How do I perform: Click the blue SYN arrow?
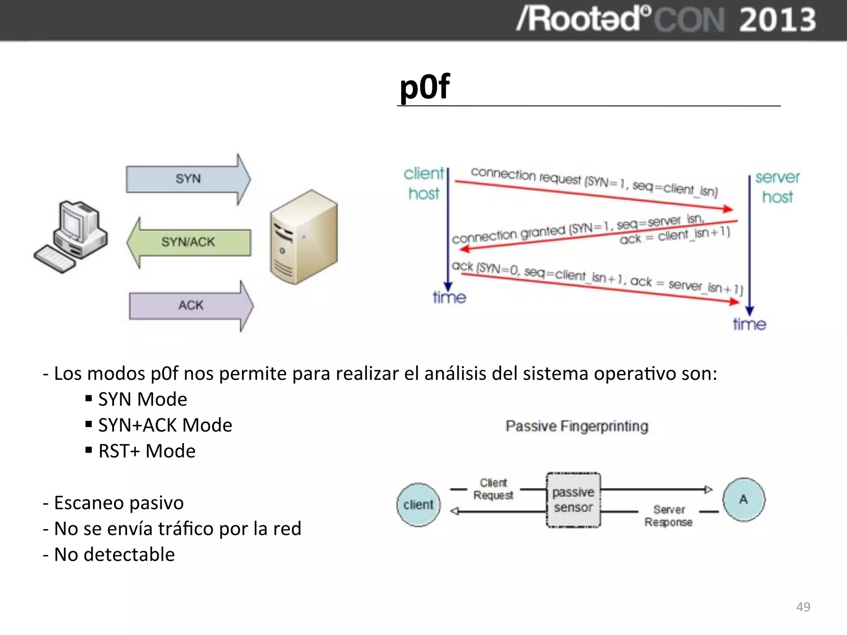click(x=188, y=179)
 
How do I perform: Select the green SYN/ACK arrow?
click(x=188, y=242)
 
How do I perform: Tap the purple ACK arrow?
click(x=191, y=306)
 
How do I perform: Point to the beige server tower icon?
click(x=304, y=237)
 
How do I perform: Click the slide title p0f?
click(x=425, y=87)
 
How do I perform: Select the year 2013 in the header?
click(x=777, y=20)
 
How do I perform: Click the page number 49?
click(x=803, y=607)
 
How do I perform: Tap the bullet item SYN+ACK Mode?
click(x=165, y=425)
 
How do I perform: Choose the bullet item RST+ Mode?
click(x=146, y=451)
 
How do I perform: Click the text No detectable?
click(x=114, y=554)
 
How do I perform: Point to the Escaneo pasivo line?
click(x=118, y=503)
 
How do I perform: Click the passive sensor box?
click(x=573, y=500)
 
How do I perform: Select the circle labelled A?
click(x=744, y=499)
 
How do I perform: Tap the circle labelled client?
click(x=418, y=505)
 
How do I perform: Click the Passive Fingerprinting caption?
click(x=577, y=426)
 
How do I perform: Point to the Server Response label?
click(x=669, y=516)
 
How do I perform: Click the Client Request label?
click(x=493, y=489)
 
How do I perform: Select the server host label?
click(x=777, y=187)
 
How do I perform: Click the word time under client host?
click(x=449, y=298)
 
